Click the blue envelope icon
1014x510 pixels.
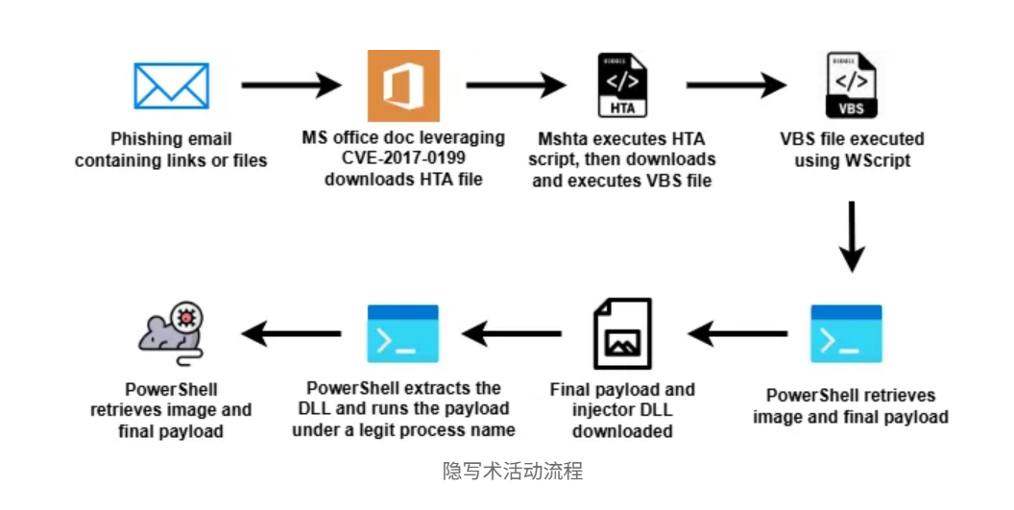171,86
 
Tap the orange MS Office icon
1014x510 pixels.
403,86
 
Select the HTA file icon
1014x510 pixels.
622,86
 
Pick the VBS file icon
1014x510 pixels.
852,85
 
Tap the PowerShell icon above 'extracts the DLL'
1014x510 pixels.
403,333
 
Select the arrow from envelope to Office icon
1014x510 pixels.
285,86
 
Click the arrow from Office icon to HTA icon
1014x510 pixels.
515,86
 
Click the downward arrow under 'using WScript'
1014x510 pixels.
852,236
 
